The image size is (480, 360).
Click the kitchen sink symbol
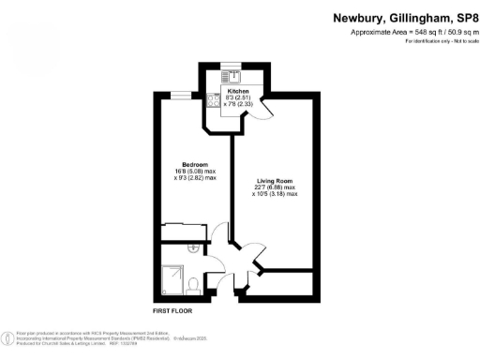pyautogui.click(x=232, y=77)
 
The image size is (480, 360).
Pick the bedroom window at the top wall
pyautogui.click(x=177, y=94)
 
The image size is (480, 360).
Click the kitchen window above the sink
pyautogui.click(x=232, y=66)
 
